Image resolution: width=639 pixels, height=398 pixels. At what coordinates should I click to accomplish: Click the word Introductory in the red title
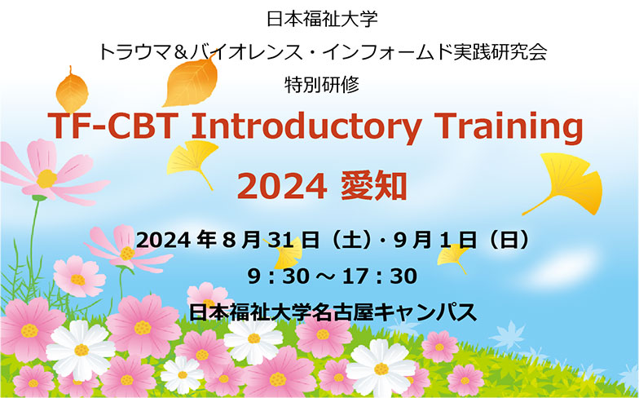pyautogui.click(x=306, y=126)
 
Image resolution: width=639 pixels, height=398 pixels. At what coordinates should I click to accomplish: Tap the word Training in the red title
pyautogui.click(x=509, y=127)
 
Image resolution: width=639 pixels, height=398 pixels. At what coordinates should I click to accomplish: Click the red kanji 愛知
pyautogui.click(x=374, y=186)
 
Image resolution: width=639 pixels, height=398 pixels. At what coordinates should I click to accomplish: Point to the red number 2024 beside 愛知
pyautogui.click(x=282, y=186)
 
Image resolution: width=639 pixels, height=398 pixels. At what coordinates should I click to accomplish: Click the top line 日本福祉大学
pyautogui.click(x=323, y=19)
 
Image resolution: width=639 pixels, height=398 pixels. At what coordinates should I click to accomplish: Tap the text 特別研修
pyautogui.click(x=322, y=85)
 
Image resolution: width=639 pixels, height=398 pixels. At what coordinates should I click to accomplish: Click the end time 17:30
pyautogui.click(x=380, y=276)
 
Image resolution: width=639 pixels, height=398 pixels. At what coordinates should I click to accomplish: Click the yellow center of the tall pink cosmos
pyautogui.click(x=46, y=179)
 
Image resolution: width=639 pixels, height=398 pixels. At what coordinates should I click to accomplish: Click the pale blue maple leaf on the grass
pyautogui.click(x=507, y=335)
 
